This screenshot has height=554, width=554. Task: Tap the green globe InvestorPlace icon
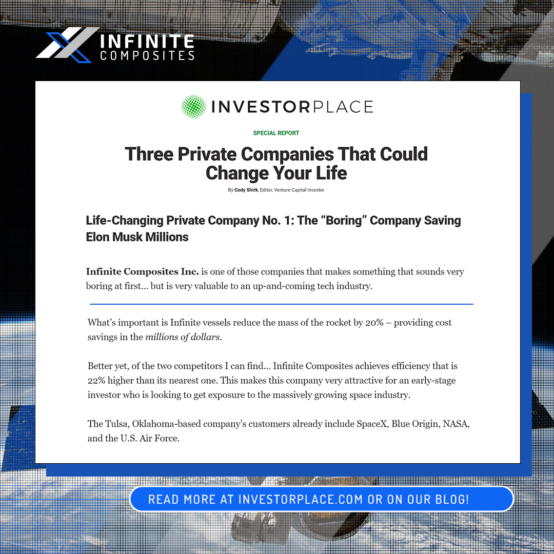194,106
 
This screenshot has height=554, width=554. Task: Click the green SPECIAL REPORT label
276,133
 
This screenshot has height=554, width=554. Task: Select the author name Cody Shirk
246,190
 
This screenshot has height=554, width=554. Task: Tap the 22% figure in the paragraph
97,381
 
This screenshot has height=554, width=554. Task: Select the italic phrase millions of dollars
183,337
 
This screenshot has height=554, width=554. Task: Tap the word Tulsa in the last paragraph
117,424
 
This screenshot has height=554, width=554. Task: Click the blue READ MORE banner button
321,499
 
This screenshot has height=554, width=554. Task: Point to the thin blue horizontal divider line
281,304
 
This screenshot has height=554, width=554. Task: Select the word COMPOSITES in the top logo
147,55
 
